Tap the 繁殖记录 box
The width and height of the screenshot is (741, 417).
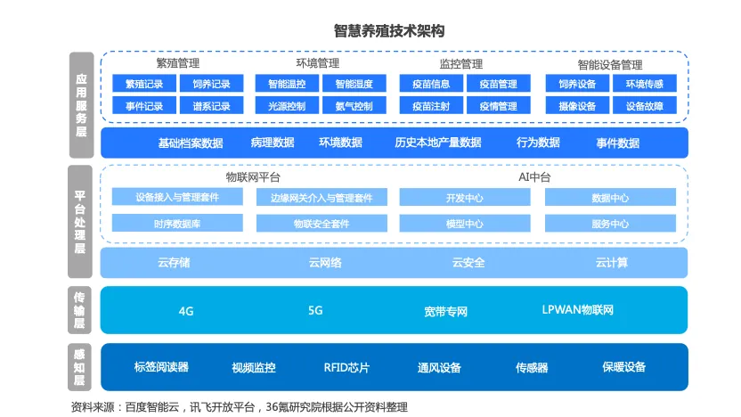click(x=144, y=85)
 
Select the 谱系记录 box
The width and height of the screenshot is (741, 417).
click(x=211, y=106)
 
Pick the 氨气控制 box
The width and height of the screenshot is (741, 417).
click(x=354, y=106)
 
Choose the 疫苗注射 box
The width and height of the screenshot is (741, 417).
click(x=431, y=106)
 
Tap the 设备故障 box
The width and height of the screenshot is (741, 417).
click(x=644, y=106)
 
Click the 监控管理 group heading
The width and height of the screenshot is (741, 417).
click(x=461, y=64)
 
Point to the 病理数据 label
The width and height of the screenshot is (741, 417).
click(x=273, y=143)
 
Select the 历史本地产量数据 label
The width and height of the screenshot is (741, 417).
click(x=437, y=143)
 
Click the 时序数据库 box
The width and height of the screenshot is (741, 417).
click(x=177, y=224)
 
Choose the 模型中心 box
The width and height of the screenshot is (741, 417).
click(x=465, y=224)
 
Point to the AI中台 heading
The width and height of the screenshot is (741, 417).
click(x=534, y=178)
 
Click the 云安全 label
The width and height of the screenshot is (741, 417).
click(x=468, y=263)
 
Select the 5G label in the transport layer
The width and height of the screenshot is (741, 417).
click(x=315, y=311)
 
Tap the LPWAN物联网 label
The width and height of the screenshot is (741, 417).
click(x=578, y=311)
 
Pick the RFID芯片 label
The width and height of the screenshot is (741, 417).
click(x=346, y=367)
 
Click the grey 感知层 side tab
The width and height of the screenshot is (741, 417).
click(x=81, y=366)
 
